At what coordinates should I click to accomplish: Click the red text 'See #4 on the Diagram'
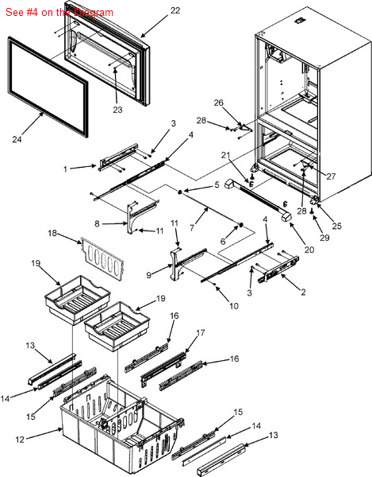pyautogui.click(x=59, y=13)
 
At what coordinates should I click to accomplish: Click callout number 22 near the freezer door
pyautogui.click(x=175, y=10)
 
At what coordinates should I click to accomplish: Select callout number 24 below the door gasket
pyautogui.click(x=17, y=139)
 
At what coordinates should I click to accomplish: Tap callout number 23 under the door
pyautogui.click(x=117, y=110)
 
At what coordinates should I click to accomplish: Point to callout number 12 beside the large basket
pyautogui.click(x=20, y=440)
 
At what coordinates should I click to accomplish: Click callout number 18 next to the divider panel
pyautogui.click(x=52, y=233)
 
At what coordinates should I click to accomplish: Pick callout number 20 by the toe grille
pyautogui.click(x=309, y=250)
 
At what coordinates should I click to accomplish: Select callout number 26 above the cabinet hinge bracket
pyautogui.click(x=218, y=103)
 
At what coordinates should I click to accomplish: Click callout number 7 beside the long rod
pyautogui.click(x=192, y=227)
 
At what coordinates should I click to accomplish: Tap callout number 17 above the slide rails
pyautogui.click(x=201, y=333)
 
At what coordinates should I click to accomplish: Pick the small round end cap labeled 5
pyautogui.click(x=180, y=192)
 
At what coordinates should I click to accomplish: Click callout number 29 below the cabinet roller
pyautogui.click(x=324, y=237)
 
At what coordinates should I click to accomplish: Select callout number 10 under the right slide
pyautogui.click(x=234, y=306)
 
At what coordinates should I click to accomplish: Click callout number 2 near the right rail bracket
pyautogui.click(x=303, y=292)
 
